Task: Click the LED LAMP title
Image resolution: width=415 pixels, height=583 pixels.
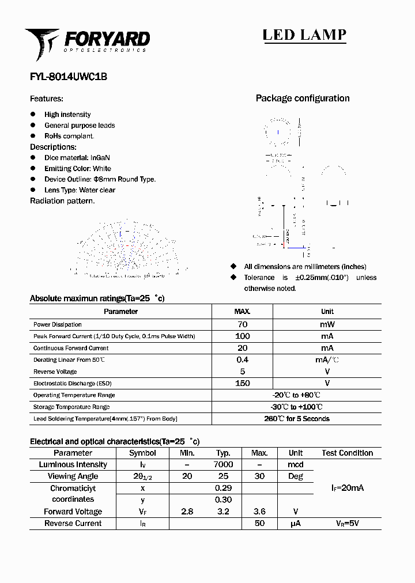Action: [x=304, y=35]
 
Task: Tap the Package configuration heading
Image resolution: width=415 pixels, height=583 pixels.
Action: [x=303, y=99]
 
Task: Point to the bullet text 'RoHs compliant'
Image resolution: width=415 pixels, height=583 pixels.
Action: [x=69, y=136]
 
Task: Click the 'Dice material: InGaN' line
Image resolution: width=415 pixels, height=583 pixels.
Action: [x=77, y=158]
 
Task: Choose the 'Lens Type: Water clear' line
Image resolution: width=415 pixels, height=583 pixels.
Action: [x=80, y=190]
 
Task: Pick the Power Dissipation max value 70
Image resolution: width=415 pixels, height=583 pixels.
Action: [x=242, y=324]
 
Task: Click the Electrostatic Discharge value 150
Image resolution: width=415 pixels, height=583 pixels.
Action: [x=242, y=383]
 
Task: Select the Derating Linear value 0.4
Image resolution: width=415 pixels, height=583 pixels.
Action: [x=242, y=359]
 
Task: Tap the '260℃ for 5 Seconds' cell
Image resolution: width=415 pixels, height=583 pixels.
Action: [x=297, y=419]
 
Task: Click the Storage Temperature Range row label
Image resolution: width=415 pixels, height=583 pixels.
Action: [x=71, y=407]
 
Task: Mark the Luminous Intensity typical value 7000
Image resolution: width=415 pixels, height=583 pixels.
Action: [x=223, y=464]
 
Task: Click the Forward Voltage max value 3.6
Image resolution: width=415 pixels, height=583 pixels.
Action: [x=259, y=512]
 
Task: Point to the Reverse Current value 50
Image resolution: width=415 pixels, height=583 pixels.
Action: [x=259, y=523]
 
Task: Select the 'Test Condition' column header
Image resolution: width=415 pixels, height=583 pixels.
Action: [x=347, y=453]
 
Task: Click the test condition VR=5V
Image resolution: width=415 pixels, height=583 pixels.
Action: [x=347, y=523]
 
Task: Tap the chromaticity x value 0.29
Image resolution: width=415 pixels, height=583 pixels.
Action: [x=223, y=488]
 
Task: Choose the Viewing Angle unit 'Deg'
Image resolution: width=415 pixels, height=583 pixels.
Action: [x=295, y=476]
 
